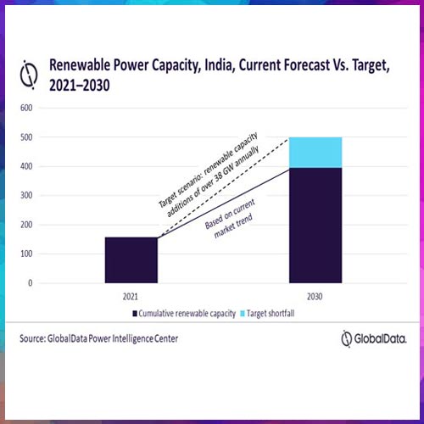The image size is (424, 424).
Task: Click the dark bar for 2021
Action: coord(131,260)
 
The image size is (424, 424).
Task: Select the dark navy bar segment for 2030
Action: coord(315,225)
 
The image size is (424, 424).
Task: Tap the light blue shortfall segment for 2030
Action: coord(315,152)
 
